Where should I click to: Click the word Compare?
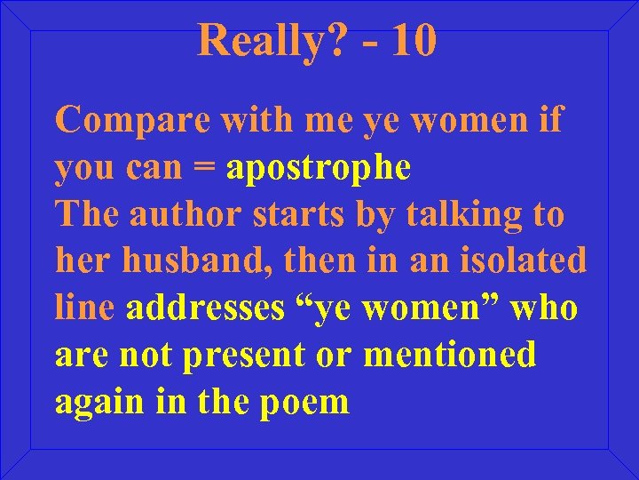tap(133, 119)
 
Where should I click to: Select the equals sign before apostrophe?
tap(208, 167)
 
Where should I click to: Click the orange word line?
tap(85, 308)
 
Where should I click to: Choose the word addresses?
tap(206, 308)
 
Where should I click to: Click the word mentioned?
tap(450, 355)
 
